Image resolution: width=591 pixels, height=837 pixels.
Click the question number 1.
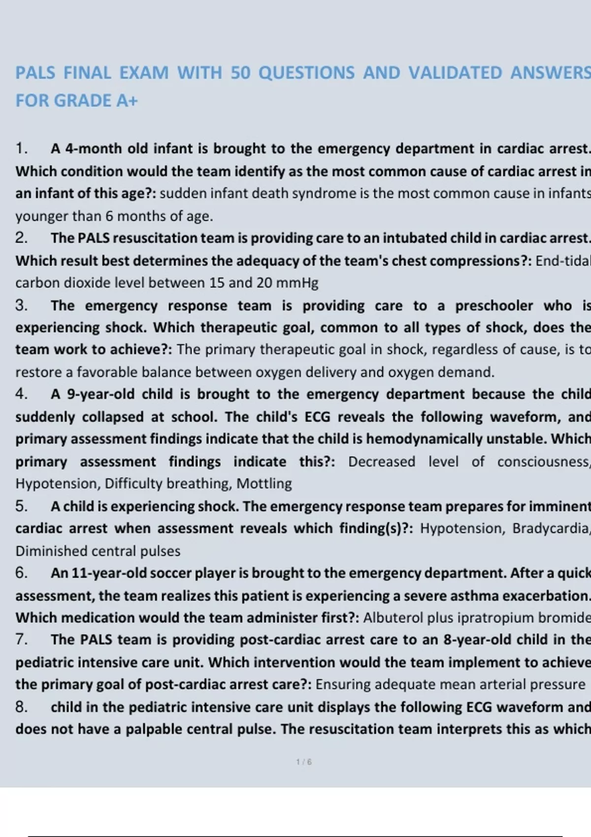(x=21, y=148)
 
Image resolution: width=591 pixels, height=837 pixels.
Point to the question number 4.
(x=21, y=394)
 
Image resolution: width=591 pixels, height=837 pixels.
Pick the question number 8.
(x=21, y=707)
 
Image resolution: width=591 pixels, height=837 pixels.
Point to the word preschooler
(x=494, y=305)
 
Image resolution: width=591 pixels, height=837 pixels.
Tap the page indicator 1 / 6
(x=304, y=762)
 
